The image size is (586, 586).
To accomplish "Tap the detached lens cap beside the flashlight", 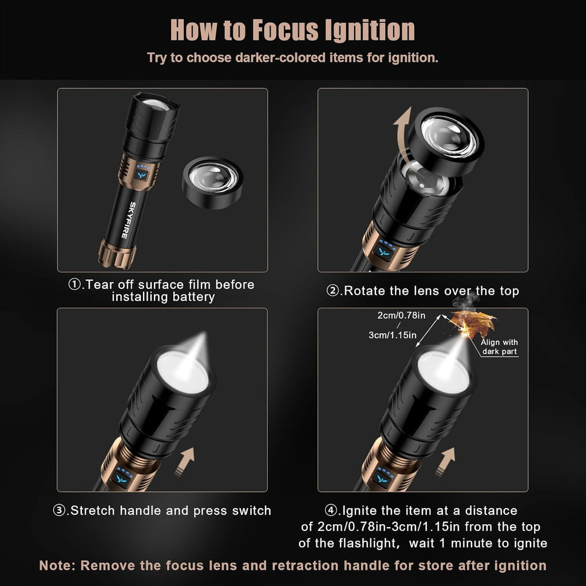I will coord(212,181).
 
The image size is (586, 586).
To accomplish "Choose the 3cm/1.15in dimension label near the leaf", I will coord(392,335).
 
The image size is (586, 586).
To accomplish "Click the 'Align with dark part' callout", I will coord(499,347).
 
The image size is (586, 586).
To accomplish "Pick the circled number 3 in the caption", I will coord(60,510).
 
